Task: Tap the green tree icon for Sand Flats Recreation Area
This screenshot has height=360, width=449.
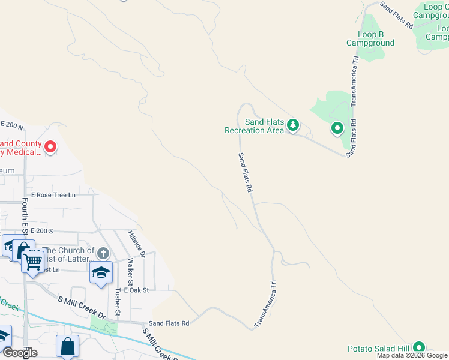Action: (x=292, y=125)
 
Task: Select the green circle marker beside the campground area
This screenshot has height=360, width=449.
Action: (x=337, y=128)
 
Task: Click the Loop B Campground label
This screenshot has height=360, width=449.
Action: (x=370, y=38)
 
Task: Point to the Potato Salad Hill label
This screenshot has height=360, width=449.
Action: (x=378, y=349)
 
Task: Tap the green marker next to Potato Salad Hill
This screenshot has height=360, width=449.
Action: (x=418, y=347)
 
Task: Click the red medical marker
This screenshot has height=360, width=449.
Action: (x=50, y=146)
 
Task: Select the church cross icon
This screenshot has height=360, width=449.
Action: (x=103, y=253)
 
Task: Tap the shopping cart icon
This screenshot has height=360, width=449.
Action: (x=33, y=260)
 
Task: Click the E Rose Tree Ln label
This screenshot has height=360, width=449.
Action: (x=54, y=195)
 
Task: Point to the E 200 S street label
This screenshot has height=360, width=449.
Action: (x=42, y=231)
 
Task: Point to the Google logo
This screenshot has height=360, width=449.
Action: (x=19, y=353)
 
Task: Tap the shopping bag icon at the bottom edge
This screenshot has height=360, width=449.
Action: (x=67, y=346)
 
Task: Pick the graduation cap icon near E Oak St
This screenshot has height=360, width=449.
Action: (x=101, y=272)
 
